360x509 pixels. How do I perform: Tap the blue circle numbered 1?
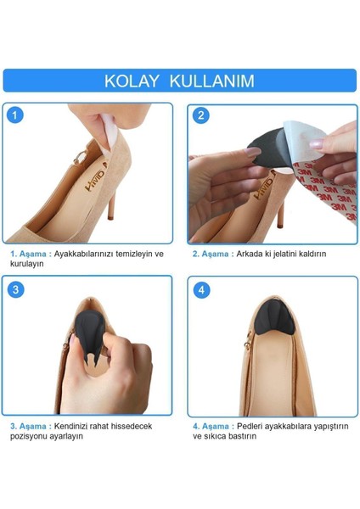pos(17,115)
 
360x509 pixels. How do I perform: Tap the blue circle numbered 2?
pos(200,115)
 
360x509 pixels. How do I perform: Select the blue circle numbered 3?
pos(17,289)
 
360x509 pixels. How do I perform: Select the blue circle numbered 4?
pos(200,289)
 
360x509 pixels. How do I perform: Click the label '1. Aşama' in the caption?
pos(30,253)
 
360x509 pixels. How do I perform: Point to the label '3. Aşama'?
pos(30,425)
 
